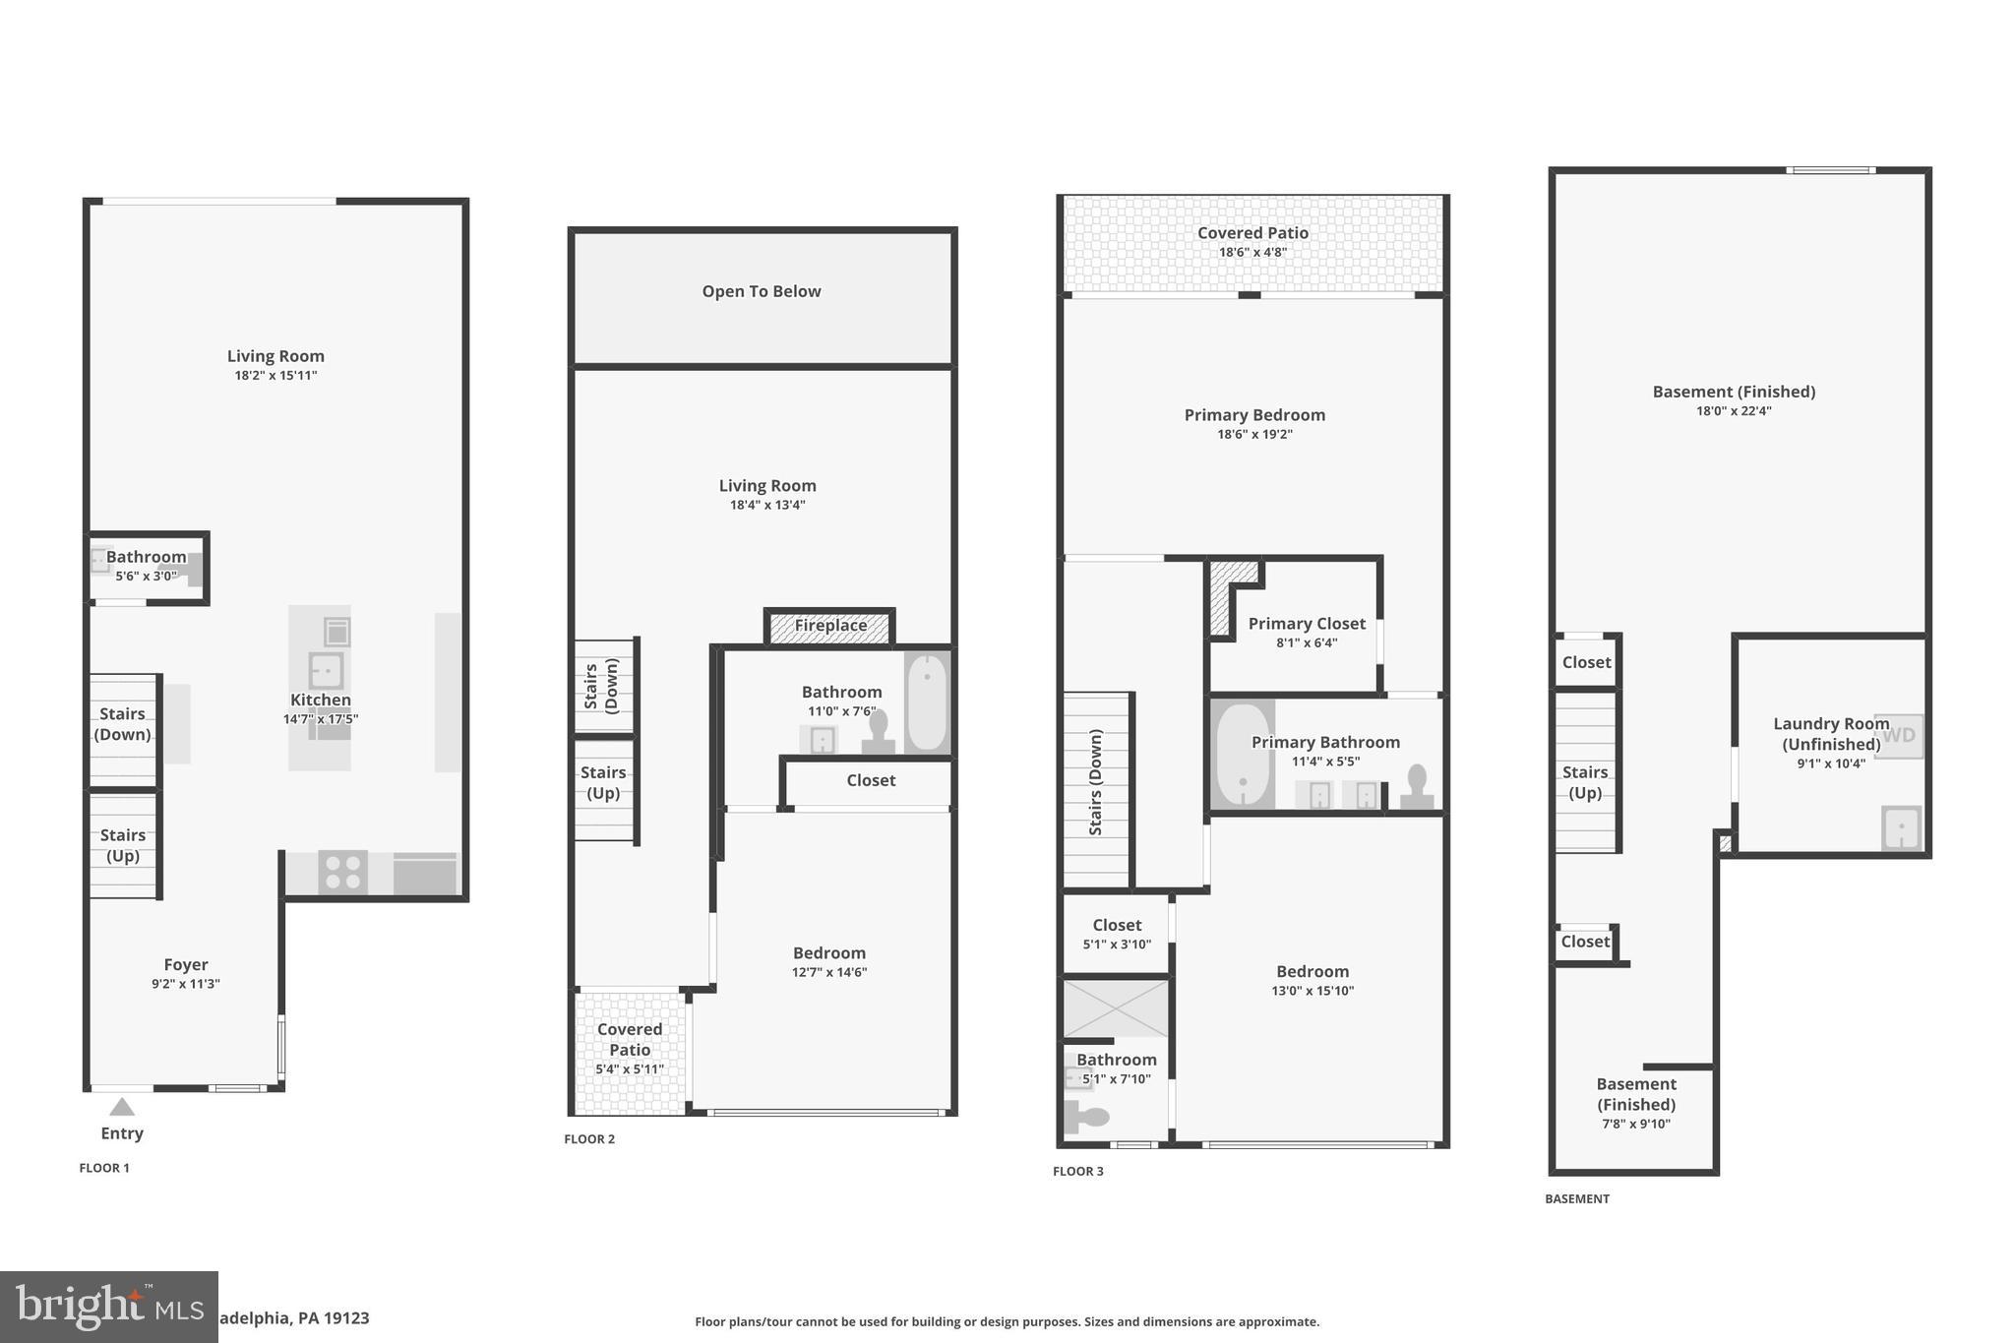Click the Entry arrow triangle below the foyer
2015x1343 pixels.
click(x=121, y=1107)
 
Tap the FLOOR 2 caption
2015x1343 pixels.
click(x=589, y=1139)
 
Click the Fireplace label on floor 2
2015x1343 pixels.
click(x=830, y=626)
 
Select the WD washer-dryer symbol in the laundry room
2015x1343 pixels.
click(x=1899, y=735)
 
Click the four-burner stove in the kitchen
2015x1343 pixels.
click(x=342, y=873)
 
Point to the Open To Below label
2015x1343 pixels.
click(x=761, y=291)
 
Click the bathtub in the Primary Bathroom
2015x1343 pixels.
click(x=1242, y=755)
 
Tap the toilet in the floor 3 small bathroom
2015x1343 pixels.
click(x=1086, y=1118)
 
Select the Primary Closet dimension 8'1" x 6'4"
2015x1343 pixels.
click(x=1306, y=643)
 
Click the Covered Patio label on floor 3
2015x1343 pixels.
click(x=1252, y=233)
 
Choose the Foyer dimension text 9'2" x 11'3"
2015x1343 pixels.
click(x=185, y=984)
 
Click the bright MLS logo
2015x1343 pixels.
click(x=108, y=1307)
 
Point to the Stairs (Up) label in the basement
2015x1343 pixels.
click(x=1584, y=782)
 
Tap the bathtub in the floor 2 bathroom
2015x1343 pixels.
click(x=926, y=702)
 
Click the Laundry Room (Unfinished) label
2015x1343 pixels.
click(x=1830, y=734)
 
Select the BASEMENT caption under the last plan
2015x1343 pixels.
click(x=1576, y=1198)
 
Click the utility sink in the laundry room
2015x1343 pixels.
click(x=1901, y=827)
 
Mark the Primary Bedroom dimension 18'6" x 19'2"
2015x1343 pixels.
click(x=1254, y=434)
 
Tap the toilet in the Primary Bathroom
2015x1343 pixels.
click(x=1417, y=788)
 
